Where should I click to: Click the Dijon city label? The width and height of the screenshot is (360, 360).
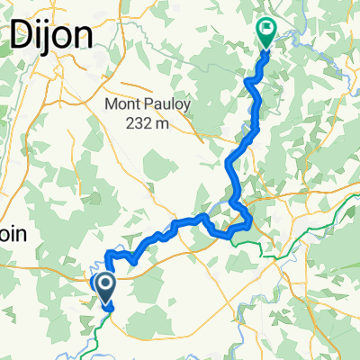(50, 37)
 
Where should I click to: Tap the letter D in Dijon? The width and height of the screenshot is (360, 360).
(20, 37)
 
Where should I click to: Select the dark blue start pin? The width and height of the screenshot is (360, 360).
(104, 287)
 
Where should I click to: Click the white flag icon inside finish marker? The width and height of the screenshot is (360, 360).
(266, 30)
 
